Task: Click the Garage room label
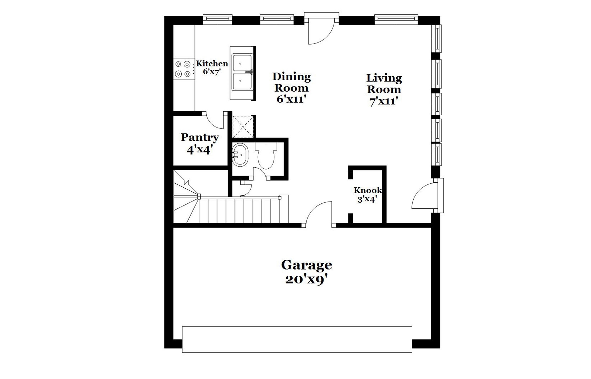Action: pos(306,265)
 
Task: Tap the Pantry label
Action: pos(200,137)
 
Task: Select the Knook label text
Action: pos(367,190)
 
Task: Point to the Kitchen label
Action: pos(212,64)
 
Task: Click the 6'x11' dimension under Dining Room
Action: pos(291,100)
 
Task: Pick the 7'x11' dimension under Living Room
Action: pos(384,101)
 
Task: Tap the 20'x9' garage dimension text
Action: pos(306,280)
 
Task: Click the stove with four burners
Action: pos(184,69)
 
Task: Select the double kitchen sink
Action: pos(242,73)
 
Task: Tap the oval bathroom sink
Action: pos(240,155)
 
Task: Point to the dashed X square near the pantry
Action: pos(243,127)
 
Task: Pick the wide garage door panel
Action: pos(297,339)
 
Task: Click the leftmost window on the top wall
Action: pos(217,19)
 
